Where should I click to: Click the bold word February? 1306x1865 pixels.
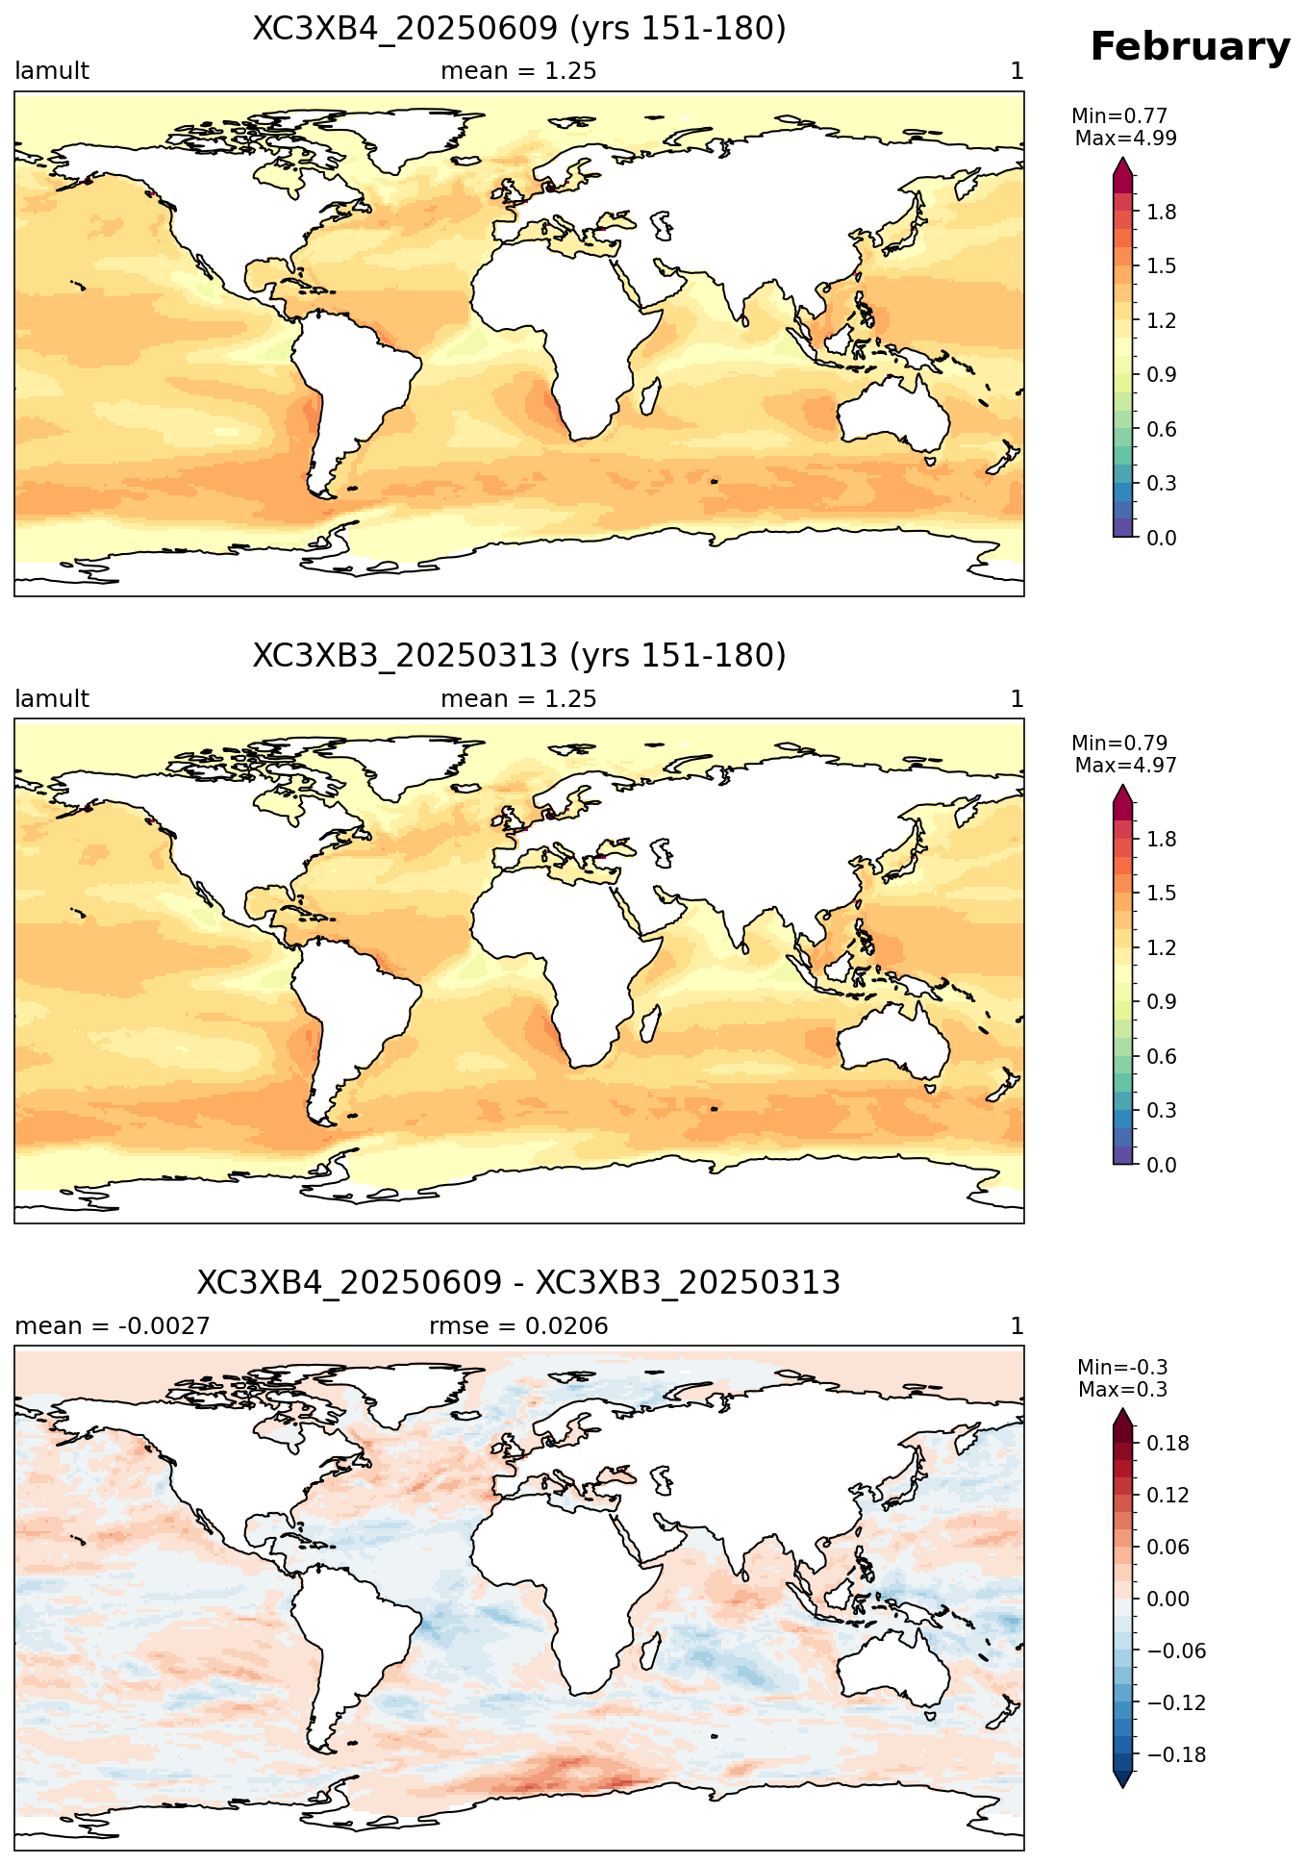(1190, 48)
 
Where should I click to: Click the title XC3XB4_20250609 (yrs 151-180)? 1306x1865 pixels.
(519, 29)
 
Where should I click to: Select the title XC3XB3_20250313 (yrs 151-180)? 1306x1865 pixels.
(519, 656)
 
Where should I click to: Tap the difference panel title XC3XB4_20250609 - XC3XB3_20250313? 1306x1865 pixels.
(519, 1283)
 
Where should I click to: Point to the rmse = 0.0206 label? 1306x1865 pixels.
(518, 1326)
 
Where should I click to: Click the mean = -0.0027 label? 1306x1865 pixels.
(113, 1326)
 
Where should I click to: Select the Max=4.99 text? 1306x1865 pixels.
(1125, 139)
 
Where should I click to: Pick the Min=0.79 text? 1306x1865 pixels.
(1119, 743)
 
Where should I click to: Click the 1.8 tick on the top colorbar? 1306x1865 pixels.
(1162, 213)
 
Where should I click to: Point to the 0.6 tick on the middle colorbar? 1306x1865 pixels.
(1162, 1057)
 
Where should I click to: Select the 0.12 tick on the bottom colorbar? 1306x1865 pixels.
(1168, 1496)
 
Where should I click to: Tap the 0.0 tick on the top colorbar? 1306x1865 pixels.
(1162, 538)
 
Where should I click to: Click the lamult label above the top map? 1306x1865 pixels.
(52, 71)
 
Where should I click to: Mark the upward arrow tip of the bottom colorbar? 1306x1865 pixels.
(1122, 1408)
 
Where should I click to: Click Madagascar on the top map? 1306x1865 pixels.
(651, 396)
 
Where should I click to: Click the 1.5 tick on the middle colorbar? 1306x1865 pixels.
(1162, 894)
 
